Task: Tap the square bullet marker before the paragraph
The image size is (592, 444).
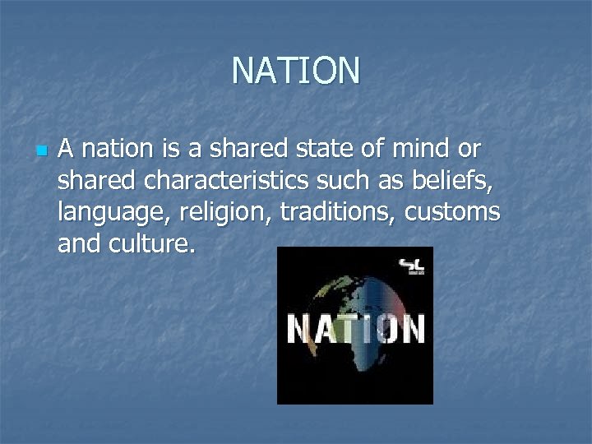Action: pos(42,151)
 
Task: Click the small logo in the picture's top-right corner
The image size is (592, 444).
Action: pos(410,266)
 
